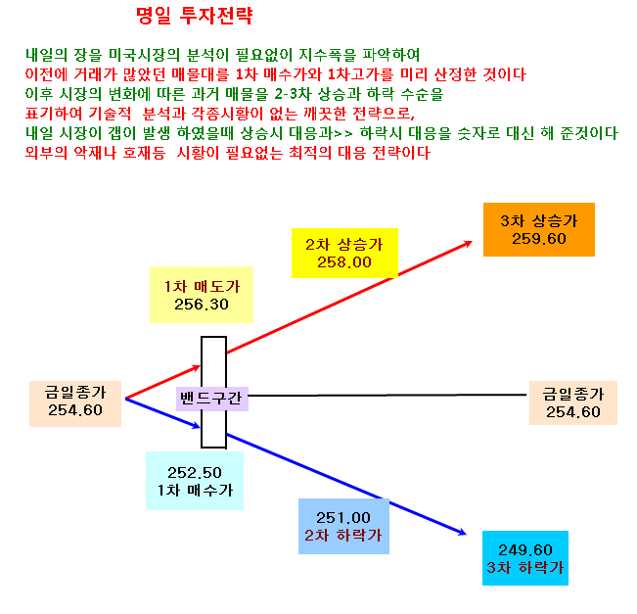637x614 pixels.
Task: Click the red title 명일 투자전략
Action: pyautogui.click(x=194, y=17)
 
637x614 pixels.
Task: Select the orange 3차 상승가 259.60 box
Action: pyautogui.click(x=539, y=229)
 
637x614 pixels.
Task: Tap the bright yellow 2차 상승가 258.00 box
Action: pyautogui.click(x=344, y=253)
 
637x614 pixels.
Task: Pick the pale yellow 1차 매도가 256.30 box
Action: pyautogui.click(x=202, y=295)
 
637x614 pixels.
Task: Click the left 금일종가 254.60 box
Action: pyautogui.click(x=75, y=403)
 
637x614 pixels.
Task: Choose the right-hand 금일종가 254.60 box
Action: pyautogui.click(x=573, y=402)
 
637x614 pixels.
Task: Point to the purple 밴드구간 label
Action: pyautogui.click(x=211, y=398)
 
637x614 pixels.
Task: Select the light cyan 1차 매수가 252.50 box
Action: pyautogui.click(x=195, y=481)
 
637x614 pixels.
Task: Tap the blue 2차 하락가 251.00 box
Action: pyautogui.click(x=343, y=526)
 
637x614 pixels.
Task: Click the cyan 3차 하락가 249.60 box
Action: pyautogui.click(x=525, y=558)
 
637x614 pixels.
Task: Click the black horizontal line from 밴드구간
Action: pyautogui.click(x=387, y=395)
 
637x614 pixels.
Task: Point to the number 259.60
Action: pyautogui.click(x=539, y=239)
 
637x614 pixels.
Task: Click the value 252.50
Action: pyautogui.click(x=195, y=472)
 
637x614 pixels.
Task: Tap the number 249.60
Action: pyautogui.click(x=525, y=550)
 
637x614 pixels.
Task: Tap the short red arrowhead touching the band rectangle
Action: pyautogui.click(x=198, y=367)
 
